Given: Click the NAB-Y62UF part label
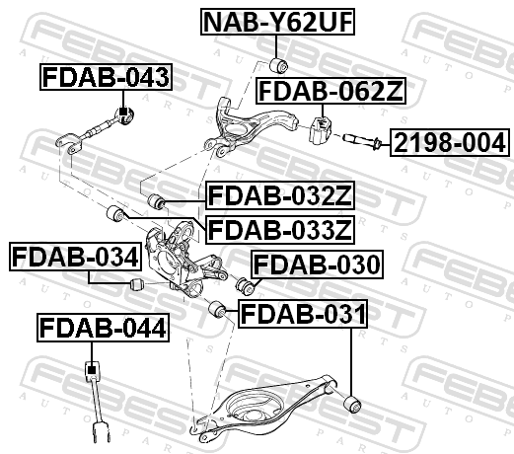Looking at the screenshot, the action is click(277, 22).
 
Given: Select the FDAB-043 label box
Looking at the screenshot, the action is click(106, 77).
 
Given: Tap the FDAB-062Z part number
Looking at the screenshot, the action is click(330, 91).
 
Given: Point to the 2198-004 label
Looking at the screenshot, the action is click(450, 142).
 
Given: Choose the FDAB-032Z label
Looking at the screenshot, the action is click(280, 195).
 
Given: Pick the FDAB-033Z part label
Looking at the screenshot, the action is click(280, 230).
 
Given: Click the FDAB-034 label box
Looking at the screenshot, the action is click(75, 257).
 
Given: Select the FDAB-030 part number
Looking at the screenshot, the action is click(317, 265).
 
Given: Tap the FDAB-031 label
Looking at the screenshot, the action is click(303, 314).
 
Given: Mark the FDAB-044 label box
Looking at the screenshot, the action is click(103, 328).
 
